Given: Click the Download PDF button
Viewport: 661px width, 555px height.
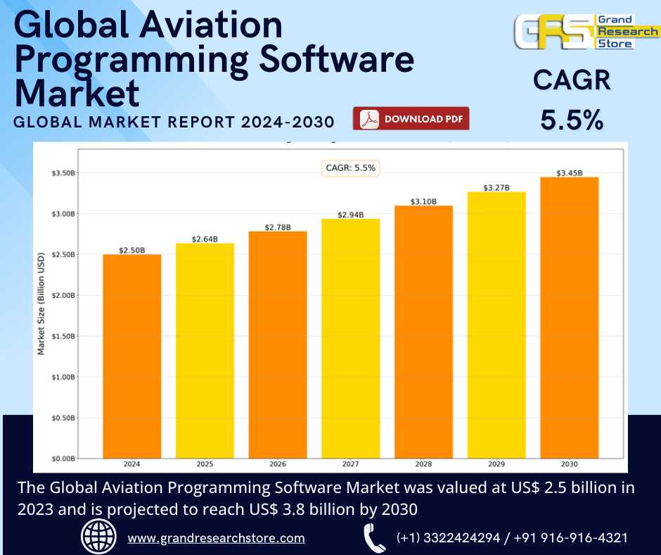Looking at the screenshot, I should click(x=411, y=119).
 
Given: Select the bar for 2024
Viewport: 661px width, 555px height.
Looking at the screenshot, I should click(x=131, y=356).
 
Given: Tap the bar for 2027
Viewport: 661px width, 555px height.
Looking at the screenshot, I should click(x=350, y=338).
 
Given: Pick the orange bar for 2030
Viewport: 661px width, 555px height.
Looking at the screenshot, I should click(x=569, y=317).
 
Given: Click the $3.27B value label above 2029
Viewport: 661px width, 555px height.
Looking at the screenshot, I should click(x=496, y=188).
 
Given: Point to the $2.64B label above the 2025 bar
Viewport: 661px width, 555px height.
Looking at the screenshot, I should click(x=205, y=239).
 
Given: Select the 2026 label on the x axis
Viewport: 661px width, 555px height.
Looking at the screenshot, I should click(x=277, y=465).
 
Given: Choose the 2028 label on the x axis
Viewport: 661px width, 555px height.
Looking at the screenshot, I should click(x=423, y=465).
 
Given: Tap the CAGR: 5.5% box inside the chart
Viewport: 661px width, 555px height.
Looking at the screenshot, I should click(x=350, y=168).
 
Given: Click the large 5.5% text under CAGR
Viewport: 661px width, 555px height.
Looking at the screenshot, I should click(x=571, y=120).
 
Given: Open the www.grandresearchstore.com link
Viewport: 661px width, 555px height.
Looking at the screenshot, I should click(x=216, y=538).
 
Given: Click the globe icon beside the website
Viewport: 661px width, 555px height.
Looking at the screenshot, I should click(x=98, y=537).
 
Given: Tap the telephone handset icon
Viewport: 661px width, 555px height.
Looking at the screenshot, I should click(x=373, y=538).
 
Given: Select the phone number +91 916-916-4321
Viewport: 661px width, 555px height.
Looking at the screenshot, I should click(x=570, y=538).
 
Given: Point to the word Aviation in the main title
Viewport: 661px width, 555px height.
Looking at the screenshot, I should click(x=205, y=26).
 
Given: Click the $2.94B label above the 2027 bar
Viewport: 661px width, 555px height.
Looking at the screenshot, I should click(x=350, y=215).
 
